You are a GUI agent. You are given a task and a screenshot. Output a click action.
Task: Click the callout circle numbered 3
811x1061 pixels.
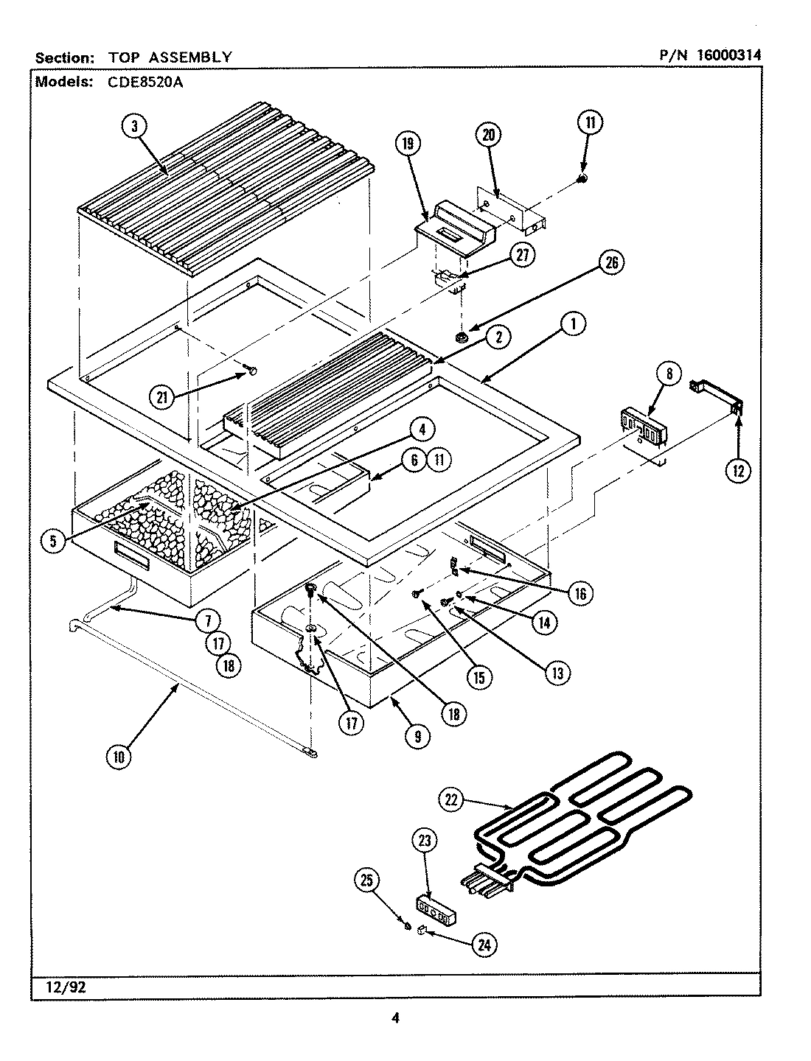[134, 126]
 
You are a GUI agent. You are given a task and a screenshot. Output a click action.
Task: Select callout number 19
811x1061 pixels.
[406, 144]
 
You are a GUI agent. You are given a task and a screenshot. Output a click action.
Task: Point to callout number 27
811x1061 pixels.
[522, 255]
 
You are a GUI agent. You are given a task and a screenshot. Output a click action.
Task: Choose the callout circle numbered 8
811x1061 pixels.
[669, 374]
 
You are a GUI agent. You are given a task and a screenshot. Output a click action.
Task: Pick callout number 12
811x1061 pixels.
[738, 469]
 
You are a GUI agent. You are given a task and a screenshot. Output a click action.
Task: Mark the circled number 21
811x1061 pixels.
[161, 397]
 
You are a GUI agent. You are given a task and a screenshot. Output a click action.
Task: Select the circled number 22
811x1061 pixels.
[453, 799]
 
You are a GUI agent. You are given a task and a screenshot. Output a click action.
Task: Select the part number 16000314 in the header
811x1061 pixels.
[725, 55]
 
